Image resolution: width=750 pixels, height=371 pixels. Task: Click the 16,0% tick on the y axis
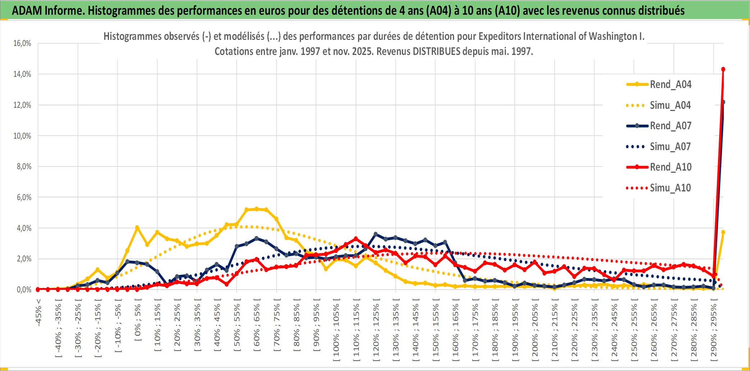22,43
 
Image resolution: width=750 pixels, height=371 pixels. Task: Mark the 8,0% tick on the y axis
24,167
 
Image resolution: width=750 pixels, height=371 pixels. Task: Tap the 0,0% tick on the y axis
24,289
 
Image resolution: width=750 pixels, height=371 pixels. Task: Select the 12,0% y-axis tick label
22,105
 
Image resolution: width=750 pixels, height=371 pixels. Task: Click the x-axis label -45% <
38,312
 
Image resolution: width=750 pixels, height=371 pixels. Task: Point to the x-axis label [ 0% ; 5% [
138,322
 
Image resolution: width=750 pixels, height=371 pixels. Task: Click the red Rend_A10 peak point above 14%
723,69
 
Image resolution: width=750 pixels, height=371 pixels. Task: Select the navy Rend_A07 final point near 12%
723,102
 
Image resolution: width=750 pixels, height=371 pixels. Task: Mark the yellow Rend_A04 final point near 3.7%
723,232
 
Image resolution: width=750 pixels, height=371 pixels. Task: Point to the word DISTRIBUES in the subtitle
436,51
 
